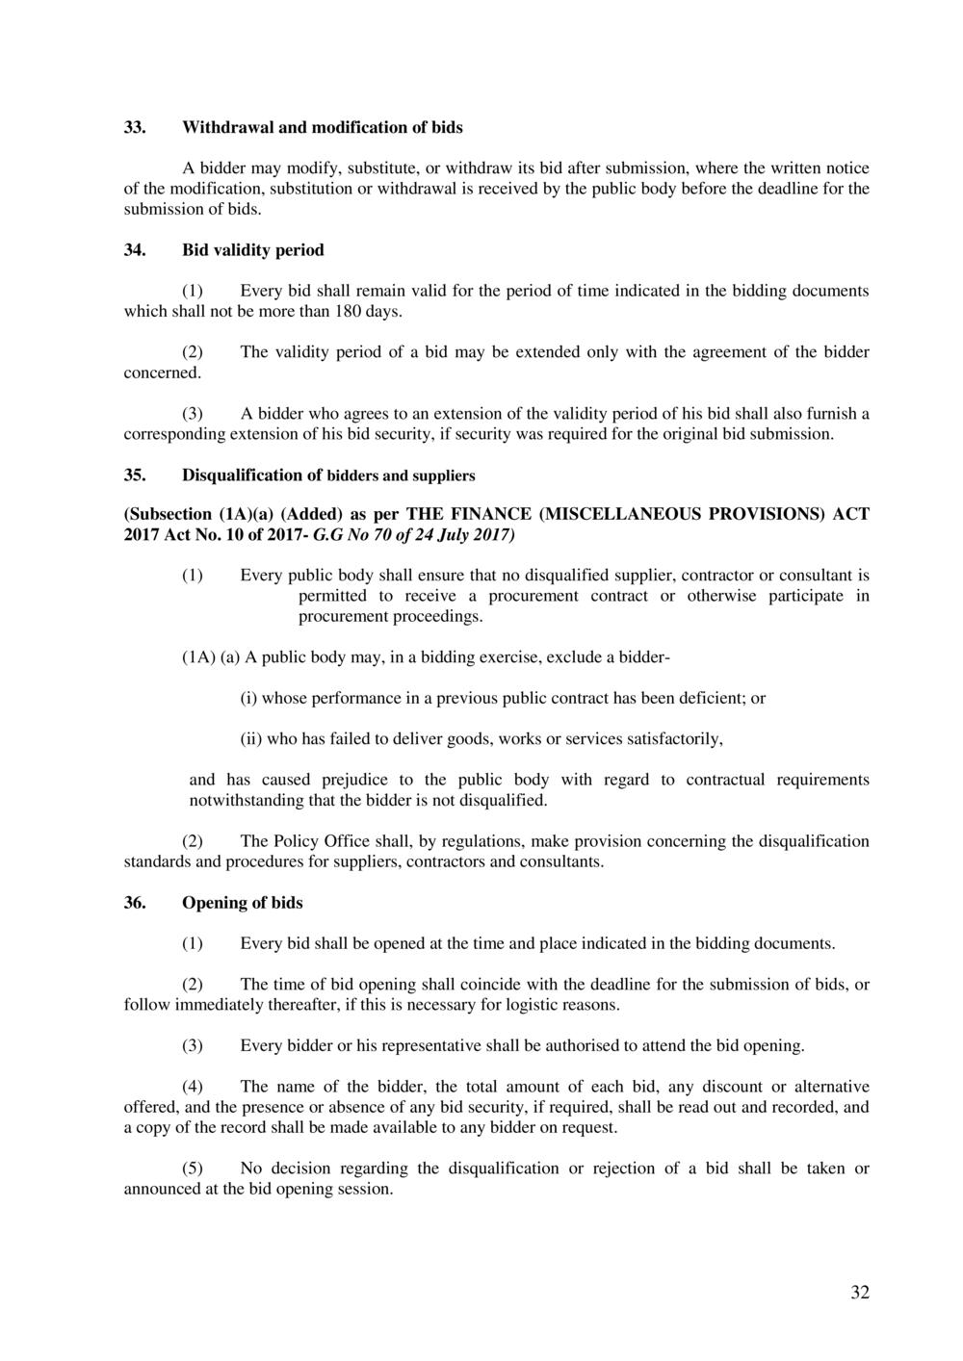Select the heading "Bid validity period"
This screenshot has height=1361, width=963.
[252, 250]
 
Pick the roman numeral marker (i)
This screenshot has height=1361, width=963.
[249, 699]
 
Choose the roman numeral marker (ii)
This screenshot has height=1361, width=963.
[251, 740]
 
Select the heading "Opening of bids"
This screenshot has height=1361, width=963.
[242, 903]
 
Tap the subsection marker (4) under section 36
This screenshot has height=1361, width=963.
[193, 1087]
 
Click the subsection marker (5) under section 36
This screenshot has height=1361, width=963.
[193, 1168]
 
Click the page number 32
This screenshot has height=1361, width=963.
[859, 1293]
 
